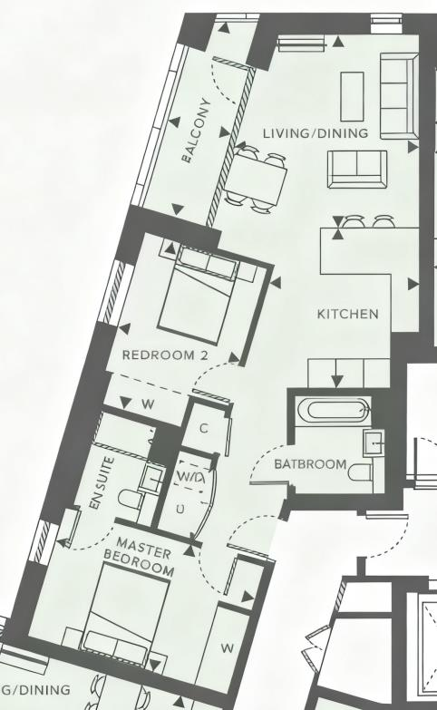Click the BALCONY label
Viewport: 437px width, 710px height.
pos(200,131)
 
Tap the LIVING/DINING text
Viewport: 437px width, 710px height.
pos(316,133)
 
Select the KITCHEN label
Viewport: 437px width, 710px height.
pos(347,314)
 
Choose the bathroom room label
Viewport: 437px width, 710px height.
pos(310,464)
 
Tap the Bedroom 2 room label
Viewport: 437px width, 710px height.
pos(164,355)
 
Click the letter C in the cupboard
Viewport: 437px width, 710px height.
pos(204,428)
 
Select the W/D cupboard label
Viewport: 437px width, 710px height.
pos(190,476)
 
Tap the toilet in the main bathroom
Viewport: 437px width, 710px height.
pos(360,472)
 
